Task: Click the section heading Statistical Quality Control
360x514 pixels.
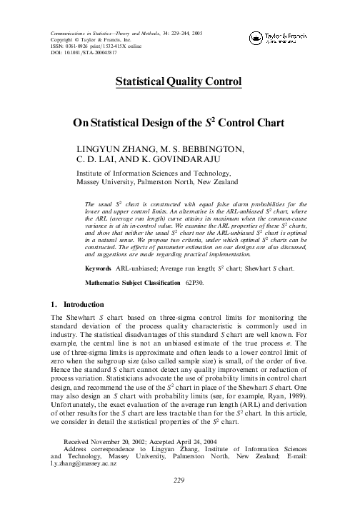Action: click(x=179, y=82)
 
